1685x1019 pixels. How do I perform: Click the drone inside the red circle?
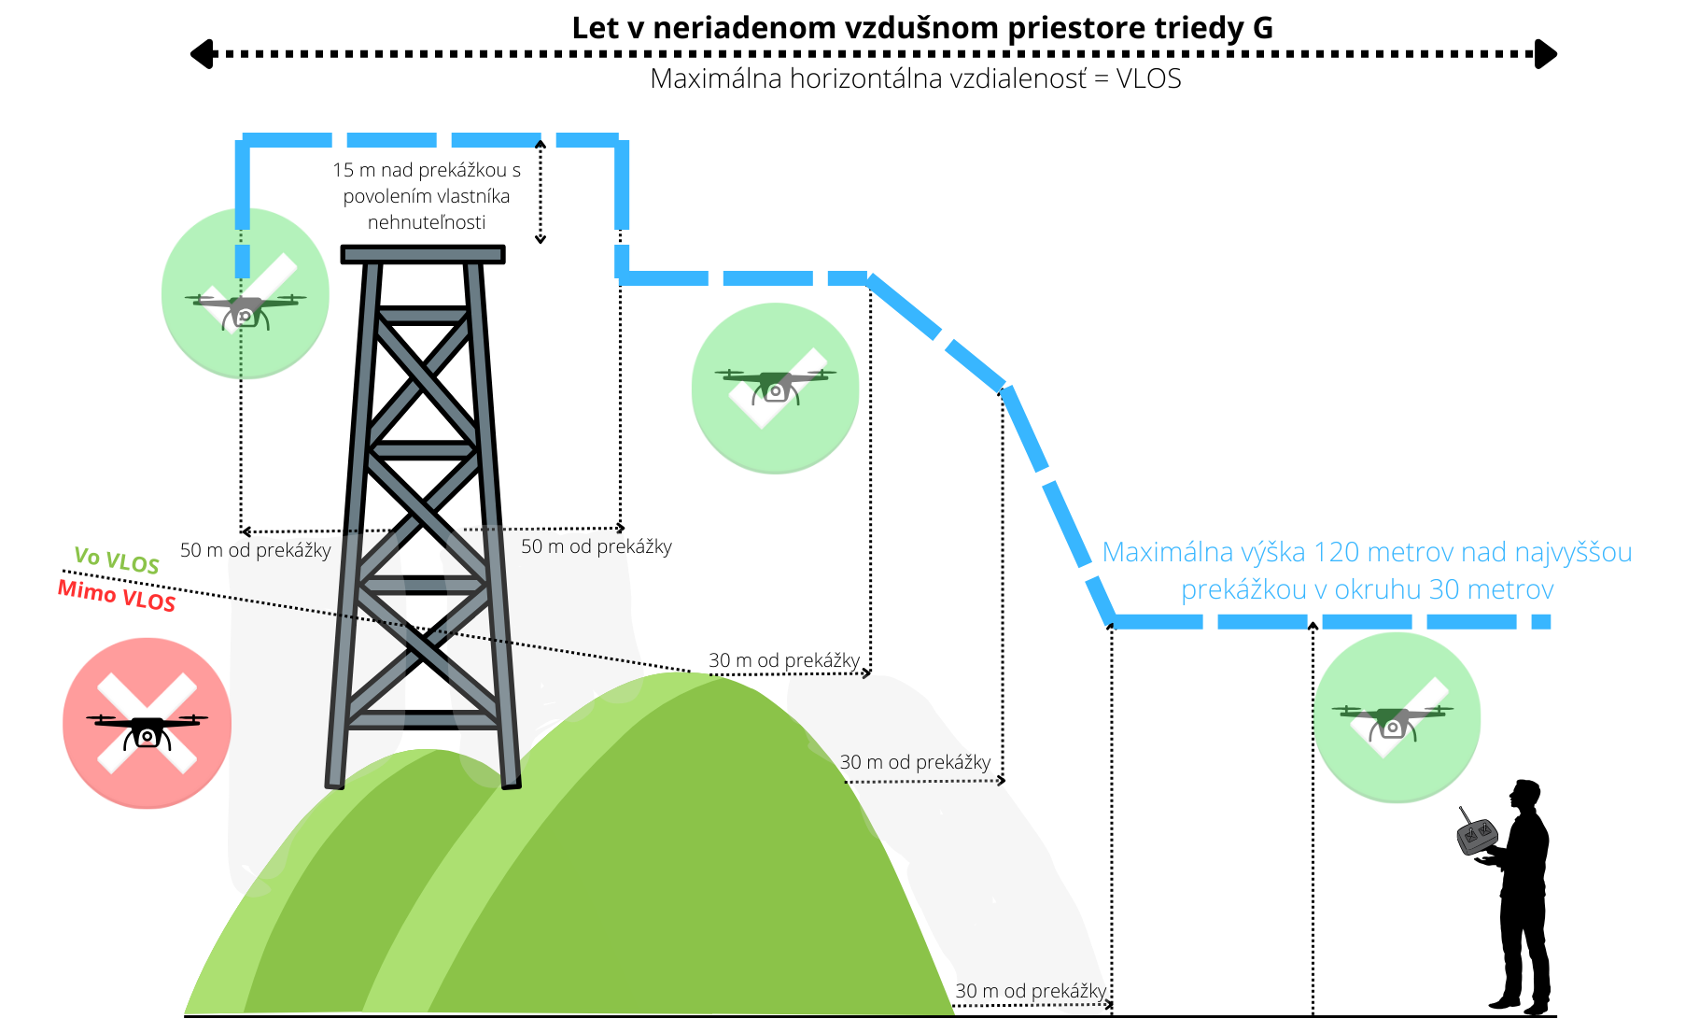click(147, 731)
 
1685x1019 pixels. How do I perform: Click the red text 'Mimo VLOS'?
click(117, 595)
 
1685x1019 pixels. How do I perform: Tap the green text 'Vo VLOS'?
click(117, 559)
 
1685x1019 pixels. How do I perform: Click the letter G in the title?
click(1263, 28)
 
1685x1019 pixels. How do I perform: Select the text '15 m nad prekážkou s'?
click(427, 170)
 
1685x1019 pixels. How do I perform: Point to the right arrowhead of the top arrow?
click(1546, 54)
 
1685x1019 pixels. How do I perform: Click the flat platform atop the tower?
click(423, 254)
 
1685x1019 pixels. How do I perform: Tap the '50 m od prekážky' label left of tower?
click(256, 550)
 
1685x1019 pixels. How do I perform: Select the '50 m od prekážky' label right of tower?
click(597, 546)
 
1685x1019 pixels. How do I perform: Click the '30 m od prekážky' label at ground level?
click(1031, 991)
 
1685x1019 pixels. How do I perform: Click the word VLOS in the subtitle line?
click(1149, 78)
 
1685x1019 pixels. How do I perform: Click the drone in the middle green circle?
click(775, 386)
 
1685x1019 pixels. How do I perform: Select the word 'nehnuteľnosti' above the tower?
click(427, 222)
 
